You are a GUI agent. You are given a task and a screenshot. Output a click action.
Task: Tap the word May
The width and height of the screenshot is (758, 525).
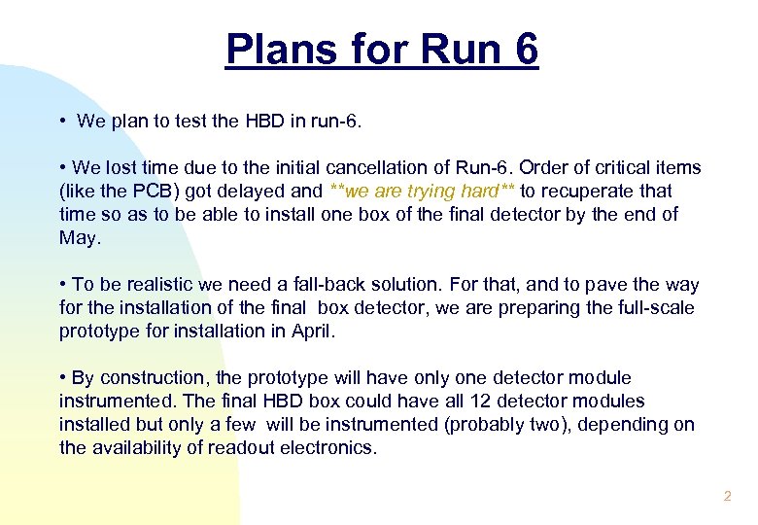pos(79,237)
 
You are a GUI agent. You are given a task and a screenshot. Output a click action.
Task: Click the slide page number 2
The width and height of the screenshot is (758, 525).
pos(726,497)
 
